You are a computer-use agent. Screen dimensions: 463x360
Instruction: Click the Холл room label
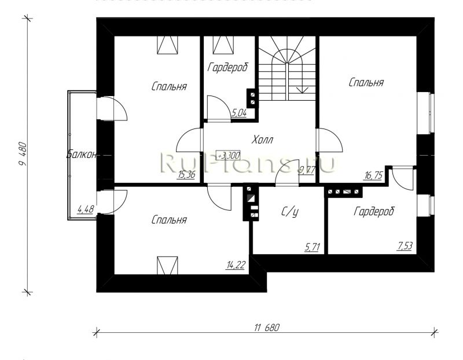263,139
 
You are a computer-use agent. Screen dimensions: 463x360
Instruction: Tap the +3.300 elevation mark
228,155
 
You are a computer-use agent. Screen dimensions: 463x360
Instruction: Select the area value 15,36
186,175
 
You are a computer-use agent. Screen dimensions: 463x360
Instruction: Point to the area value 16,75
373,175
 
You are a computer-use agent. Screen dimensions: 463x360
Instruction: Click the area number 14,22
236,265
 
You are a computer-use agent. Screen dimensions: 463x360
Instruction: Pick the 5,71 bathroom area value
312,247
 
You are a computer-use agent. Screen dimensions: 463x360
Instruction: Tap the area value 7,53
405,246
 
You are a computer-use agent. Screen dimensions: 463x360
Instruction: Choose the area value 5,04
239,112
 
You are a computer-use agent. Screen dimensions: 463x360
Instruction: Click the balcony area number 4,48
86,210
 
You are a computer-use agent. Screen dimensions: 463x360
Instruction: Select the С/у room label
290,212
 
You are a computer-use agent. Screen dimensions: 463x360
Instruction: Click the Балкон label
81,154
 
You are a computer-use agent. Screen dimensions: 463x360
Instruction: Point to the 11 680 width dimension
267,328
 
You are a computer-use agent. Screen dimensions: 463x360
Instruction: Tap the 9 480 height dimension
23,154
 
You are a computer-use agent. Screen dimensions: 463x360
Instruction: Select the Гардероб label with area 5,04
227,68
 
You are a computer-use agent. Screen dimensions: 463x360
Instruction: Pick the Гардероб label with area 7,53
374,211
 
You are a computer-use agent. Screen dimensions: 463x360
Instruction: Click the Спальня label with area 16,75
366,82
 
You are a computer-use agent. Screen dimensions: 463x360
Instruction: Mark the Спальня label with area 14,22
169,220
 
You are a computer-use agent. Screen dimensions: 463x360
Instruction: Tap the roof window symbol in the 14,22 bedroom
167,265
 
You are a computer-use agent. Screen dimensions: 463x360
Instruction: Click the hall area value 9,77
307,170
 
